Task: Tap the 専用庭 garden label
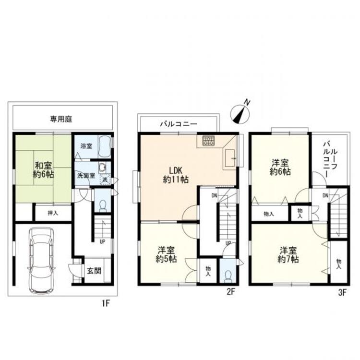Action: pyautogui.click(x=61, y=119)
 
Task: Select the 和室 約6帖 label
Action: pyautogui.click(x=43, y=170)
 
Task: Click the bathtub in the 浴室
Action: pyautogui.click(x=105, y=146)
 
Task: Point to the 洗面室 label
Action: pyautogui.click(x=86, y=176)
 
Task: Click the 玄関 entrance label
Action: pyautogui.click(x=94, y=271)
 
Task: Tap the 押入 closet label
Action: pyautogui.click(x=53, y=213)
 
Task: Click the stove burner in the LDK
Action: pyautogui.click(x=208, y=141)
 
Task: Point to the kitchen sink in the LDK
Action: pyautogui.click(x=229, y=159)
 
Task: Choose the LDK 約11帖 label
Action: pyautogui.click(x=176, y=175)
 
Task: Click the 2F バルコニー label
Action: pyautogui.click(x=179, y=124)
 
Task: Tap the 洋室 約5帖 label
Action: pyautogui.click(x=166, y=254)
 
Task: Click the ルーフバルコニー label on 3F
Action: pyautogui.click(x=330, y=159)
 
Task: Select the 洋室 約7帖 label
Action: pyautogui.click(x=288, y=255)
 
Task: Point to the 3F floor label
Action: pyautogui.click(x=342, y=293)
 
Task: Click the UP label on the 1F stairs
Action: pyautogui.click(x=103, y=242)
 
